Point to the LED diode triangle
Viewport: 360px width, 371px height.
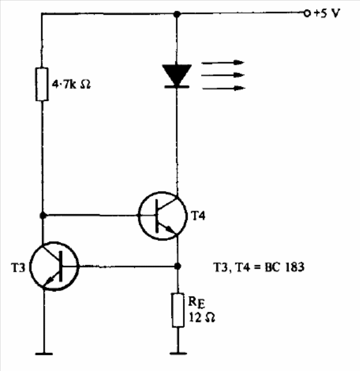click(176, 75)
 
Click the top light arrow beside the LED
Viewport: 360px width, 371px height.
click(222, 62)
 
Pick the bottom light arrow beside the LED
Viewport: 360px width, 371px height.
click(222, 89)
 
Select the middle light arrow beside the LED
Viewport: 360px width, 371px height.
click(222, 75)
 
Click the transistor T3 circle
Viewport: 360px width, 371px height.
click(53, 266)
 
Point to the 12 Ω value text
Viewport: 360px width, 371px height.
click(200, 318)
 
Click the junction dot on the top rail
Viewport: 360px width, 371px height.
click(176, 12)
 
